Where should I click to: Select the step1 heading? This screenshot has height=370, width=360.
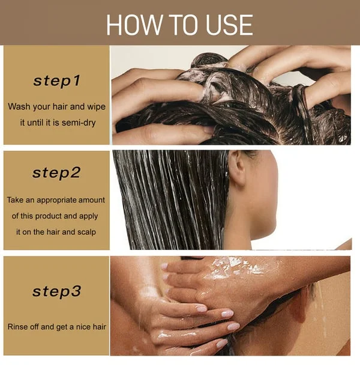56,80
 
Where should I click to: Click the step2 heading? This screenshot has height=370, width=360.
56,173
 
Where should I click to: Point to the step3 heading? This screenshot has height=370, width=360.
56,292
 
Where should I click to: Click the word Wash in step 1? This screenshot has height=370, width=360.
19,106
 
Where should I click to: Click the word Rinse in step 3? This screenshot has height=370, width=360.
19,327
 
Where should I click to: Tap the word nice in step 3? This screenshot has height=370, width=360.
82,327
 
